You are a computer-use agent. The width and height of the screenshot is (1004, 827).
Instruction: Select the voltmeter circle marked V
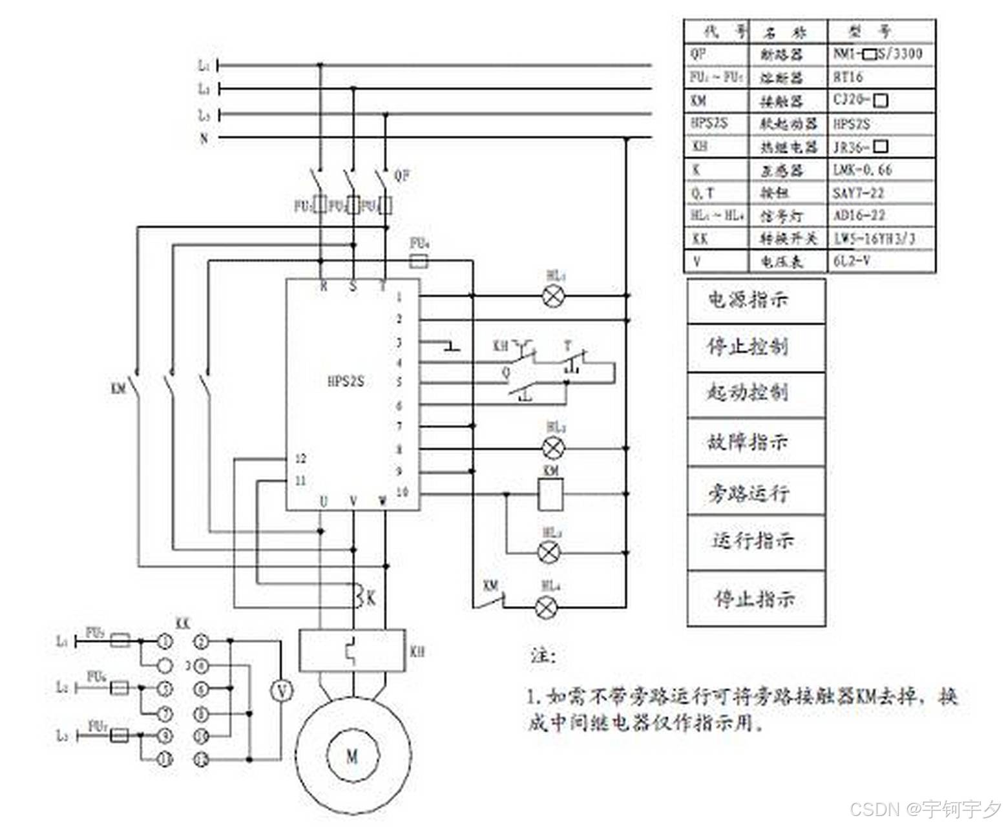(x=282, y=691)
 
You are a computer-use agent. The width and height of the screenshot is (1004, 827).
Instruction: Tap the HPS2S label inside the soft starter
(x=346, y=381)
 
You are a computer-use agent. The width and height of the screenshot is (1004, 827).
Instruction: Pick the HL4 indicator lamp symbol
(x=549, y=607)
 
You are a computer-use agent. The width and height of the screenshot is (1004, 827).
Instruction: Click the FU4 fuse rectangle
(x=420, y=260)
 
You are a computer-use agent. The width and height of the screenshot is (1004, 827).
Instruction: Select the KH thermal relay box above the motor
(x=352, y=650)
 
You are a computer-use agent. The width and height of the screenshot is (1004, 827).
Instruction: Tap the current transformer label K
(x=371, y=598)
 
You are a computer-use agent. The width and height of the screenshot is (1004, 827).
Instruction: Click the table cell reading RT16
(x=848, y=78)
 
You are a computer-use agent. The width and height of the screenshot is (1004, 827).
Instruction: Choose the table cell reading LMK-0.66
(x=863, y=170)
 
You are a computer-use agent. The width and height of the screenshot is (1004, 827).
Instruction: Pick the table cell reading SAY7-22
(x=859, y=193)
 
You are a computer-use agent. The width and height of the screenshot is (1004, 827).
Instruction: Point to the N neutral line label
(x=204, y=138)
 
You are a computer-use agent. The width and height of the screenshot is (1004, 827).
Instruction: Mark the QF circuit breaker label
(x=402, y=175)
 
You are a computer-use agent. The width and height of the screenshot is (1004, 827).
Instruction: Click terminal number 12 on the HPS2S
(x=300, y=459)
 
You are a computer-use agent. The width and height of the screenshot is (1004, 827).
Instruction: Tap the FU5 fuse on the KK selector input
(x=120, y=641)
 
